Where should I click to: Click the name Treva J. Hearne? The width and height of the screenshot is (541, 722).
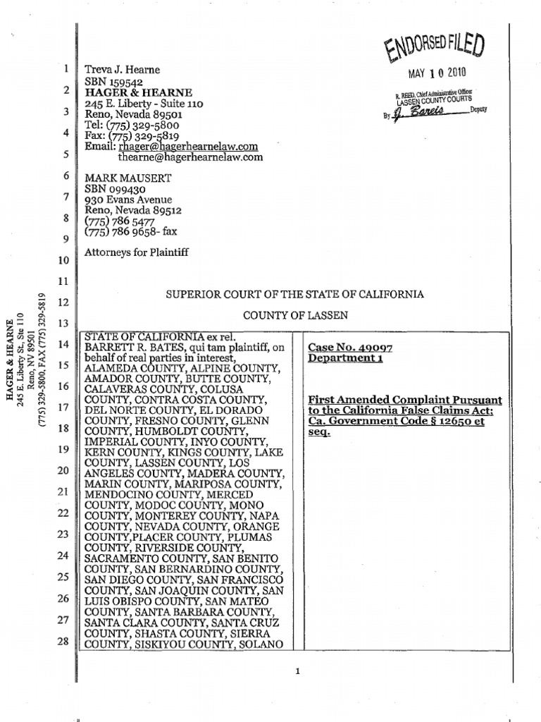(123, 70)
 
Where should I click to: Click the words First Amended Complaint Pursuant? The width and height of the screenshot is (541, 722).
(401, 400)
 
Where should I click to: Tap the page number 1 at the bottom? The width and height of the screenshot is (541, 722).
(298, 672)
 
